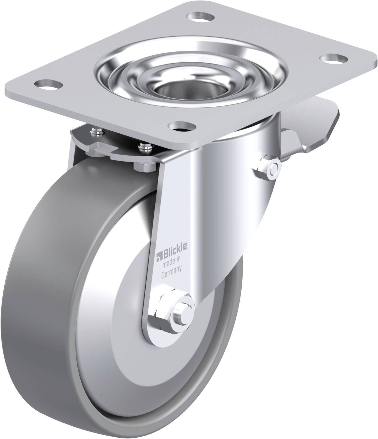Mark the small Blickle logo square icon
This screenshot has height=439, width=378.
(x=158, y=255)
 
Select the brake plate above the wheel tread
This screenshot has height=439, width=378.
(x=116, y=151)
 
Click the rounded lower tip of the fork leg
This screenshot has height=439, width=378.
(x=159, y=337)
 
